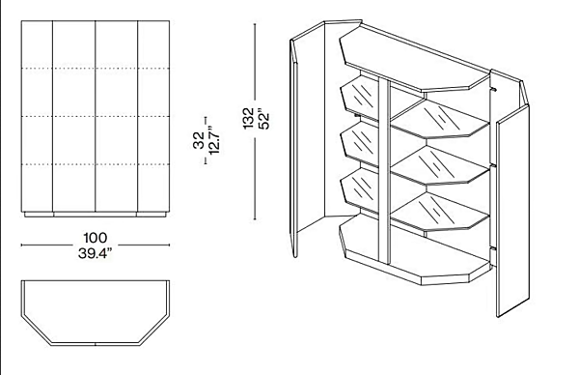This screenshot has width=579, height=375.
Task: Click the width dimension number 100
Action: pos(96,238)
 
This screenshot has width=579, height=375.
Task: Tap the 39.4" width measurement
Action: pos(95,253)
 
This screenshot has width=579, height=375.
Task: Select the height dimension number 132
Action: pos(249,118)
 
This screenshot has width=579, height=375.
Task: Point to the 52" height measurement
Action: pos(264,118)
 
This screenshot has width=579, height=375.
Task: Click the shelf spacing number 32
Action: pos(199,140)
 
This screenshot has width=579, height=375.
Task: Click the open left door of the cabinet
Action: pos(307,138)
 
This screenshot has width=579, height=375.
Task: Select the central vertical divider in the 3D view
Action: pos(384,170)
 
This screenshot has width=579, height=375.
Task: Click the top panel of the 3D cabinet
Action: pos(415,59)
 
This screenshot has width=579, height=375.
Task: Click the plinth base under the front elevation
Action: pos(96,215)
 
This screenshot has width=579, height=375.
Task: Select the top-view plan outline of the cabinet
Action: pos(96,313)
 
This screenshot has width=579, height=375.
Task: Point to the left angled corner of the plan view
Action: pos(36,331)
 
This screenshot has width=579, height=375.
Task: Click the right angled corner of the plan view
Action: pos(154,331)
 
